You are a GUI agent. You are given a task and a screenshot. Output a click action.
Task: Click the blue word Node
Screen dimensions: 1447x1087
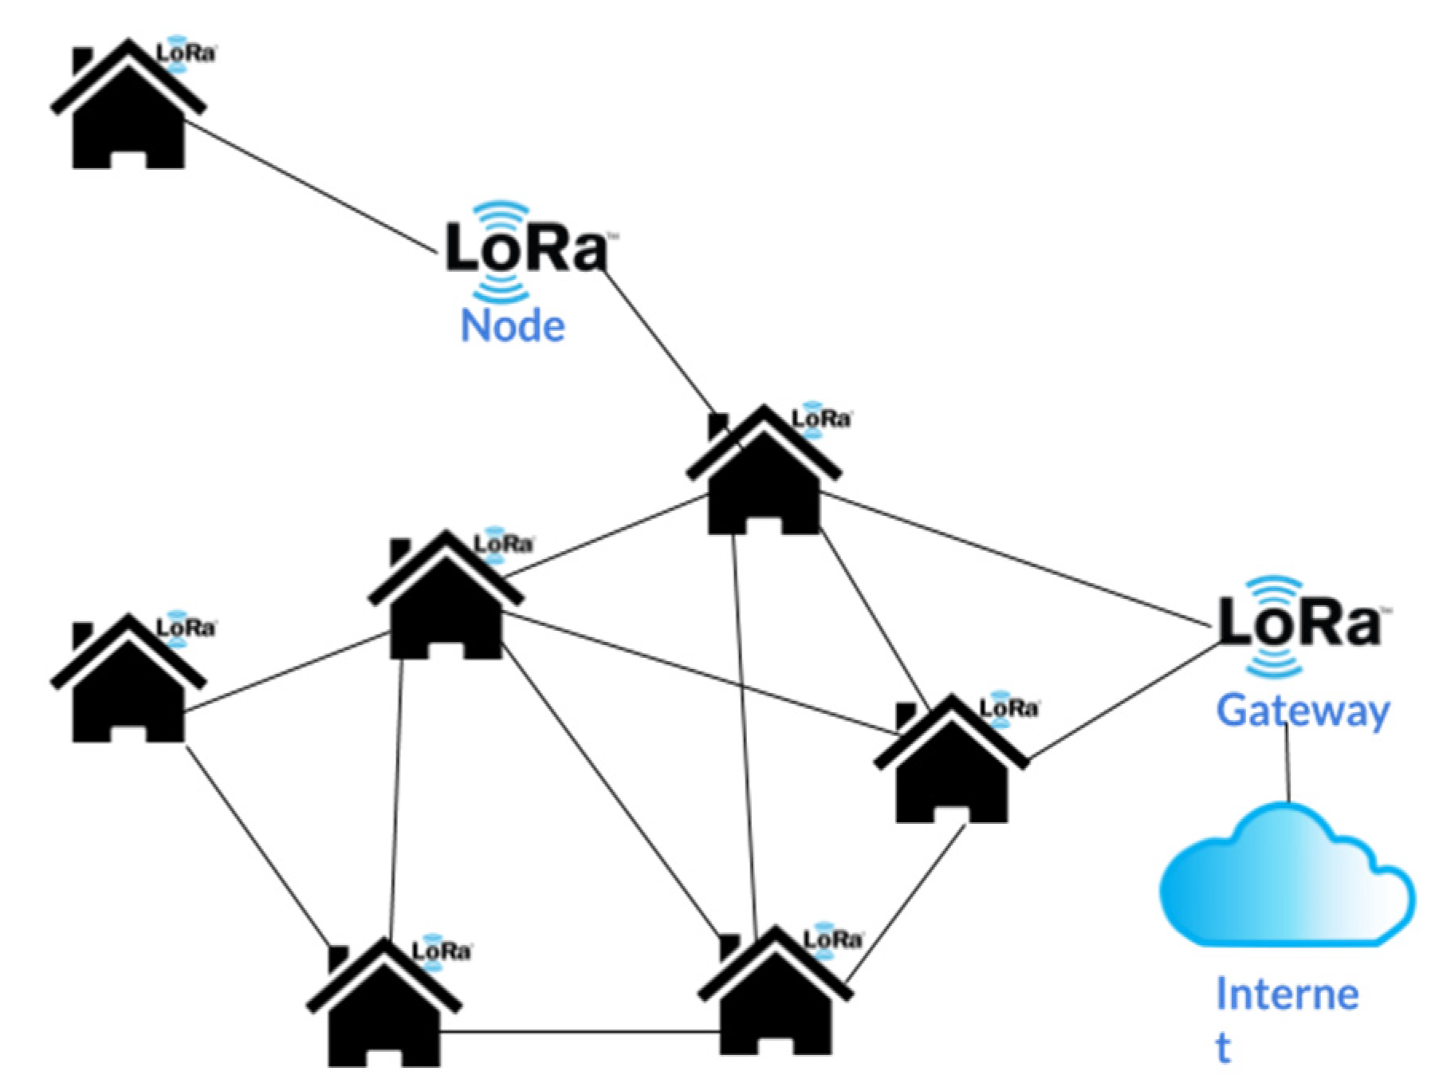pyautogui.click(x=513, y=326)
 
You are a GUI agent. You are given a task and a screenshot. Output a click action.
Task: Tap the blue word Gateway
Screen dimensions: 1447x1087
pyautogui.click(x=1303, y=711)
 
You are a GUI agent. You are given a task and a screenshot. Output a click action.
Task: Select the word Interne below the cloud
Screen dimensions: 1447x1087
pyautogui.click(x=1287, y=994)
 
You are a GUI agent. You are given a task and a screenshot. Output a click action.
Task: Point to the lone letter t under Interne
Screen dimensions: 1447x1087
pyautogui.click(x=1223, y=1048)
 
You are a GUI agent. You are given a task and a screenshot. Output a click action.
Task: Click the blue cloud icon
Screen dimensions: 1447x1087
pyautogui.click(x=1285, y=876)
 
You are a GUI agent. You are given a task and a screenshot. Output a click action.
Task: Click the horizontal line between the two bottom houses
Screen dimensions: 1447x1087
pyautogui.click(x=580, y=1033)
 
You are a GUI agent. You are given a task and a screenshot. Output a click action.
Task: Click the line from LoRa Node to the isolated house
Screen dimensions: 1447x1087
pyautogui.click(x=312, y=189)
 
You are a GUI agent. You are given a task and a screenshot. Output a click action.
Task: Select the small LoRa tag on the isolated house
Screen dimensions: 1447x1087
pyautogui.click(x=186, y=53)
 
